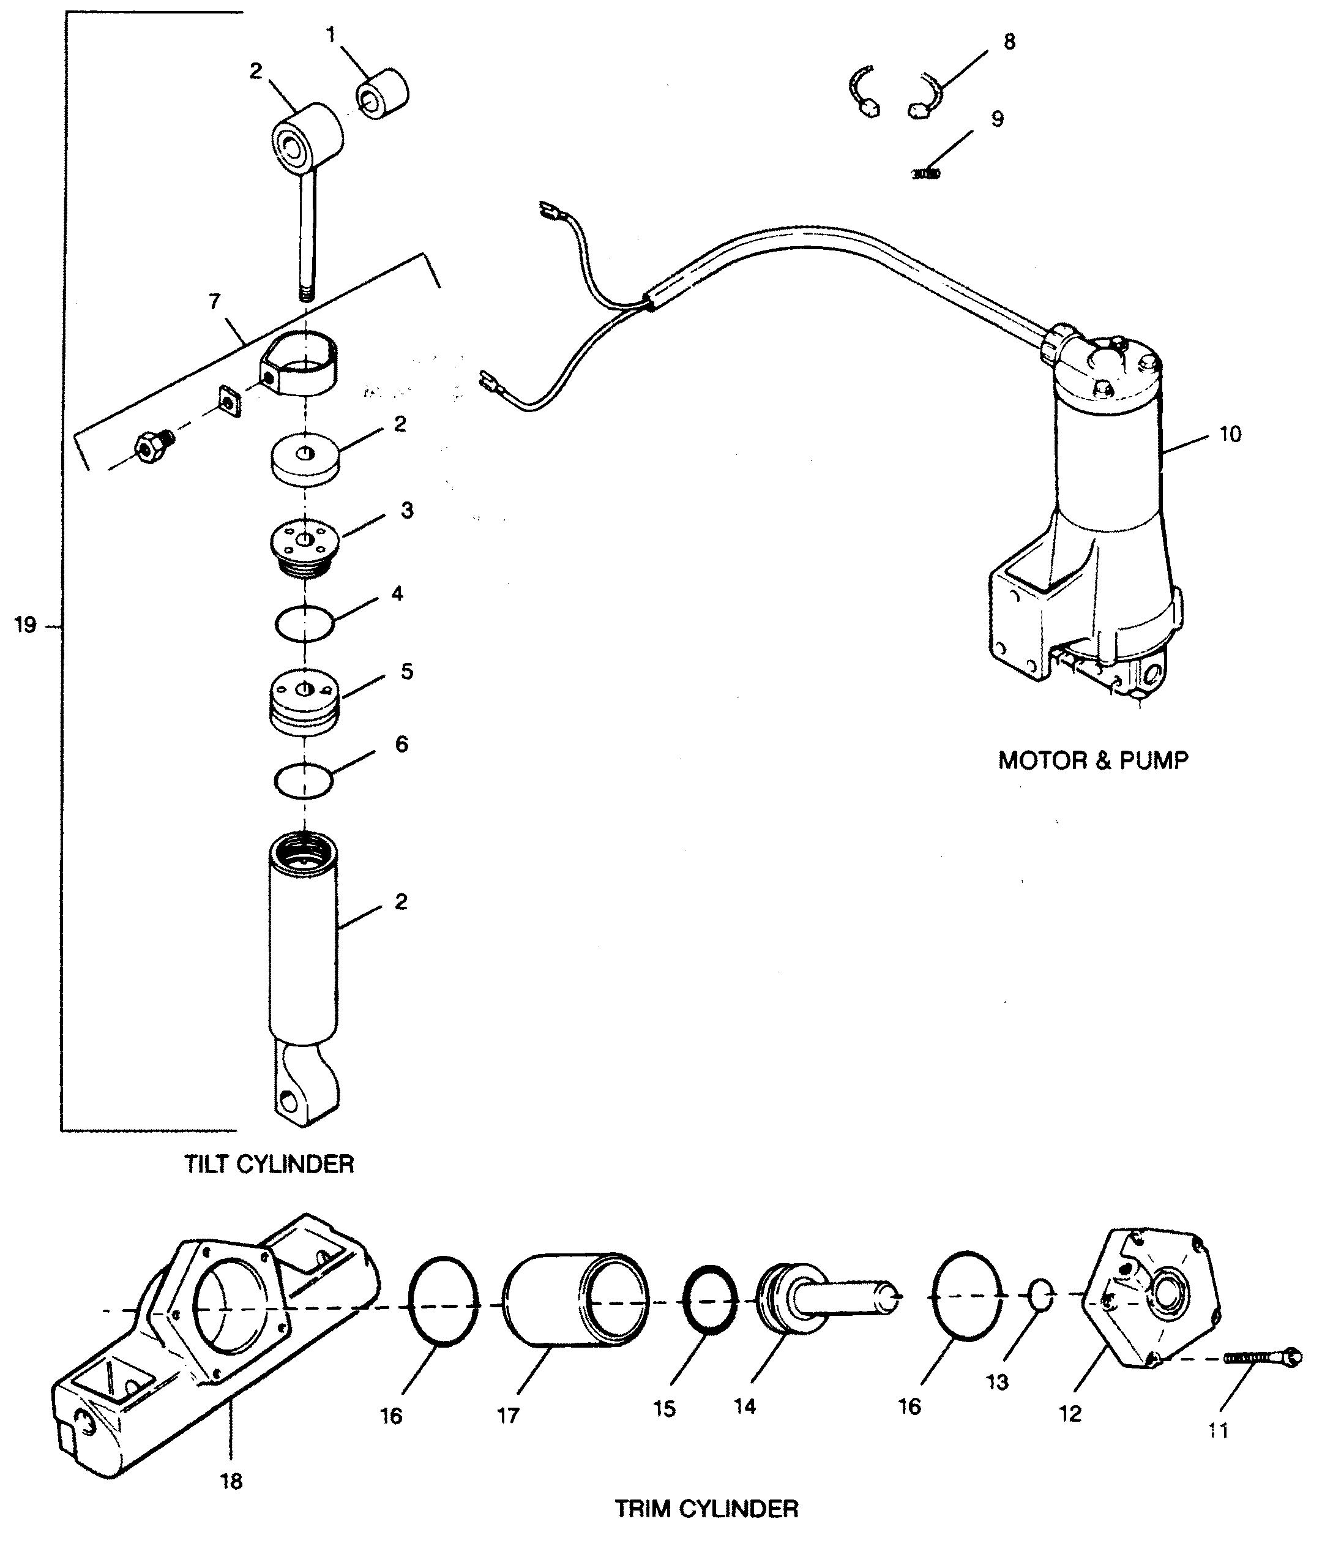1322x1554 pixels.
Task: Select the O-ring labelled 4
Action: point(304,623)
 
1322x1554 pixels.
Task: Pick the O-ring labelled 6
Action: point(304,781)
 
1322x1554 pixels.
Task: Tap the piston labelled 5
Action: point(304,701)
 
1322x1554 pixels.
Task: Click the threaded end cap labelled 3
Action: point(304,548)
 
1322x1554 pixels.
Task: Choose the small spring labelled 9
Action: point(926,173)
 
